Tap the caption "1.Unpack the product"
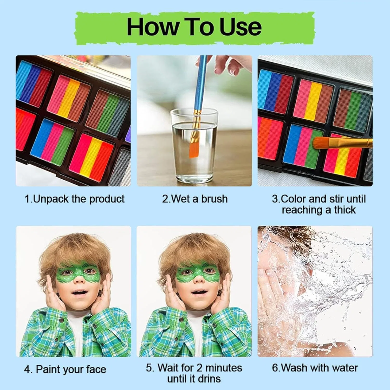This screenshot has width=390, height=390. point(74,199)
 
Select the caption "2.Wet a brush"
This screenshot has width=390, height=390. point(195,199)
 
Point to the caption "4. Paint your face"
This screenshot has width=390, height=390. point(65,369)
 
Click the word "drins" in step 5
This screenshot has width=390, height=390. point(207,379)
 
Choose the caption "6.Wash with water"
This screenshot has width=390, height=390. point(315,368)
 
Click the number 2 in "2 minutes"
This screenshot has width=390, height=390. point(199,368)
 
